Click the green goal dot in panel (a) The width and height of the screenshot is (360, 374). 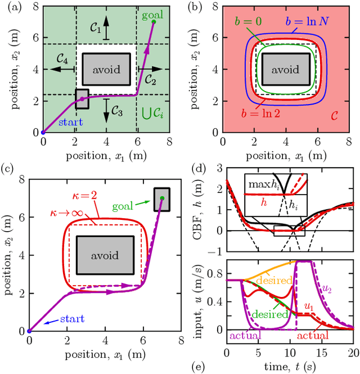point(153,21)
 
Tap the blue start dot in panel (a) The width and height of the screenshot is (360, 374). point(43,133)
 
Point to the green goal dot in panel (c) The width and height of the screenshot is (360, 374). point(161,198)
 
